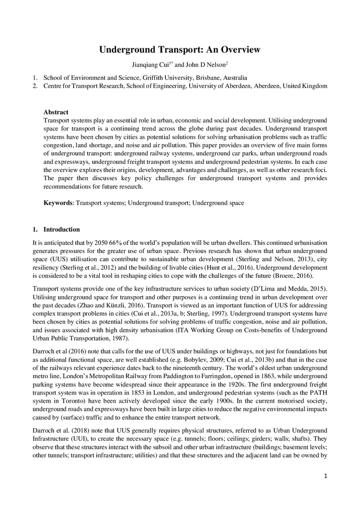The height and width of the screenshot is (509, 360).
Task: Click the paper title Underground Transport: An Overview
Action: click(180, 49)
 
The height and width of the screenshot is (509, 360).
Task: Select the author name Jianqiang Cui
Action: click(150, 65)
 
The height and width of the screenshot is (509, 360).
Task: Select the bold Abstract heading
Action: click(56, 112)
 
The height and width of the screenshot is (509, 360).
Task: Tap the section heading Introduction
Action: click(62, 230)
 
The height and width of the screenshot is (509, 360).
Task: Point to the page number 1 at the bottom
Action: click(325, 476)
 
